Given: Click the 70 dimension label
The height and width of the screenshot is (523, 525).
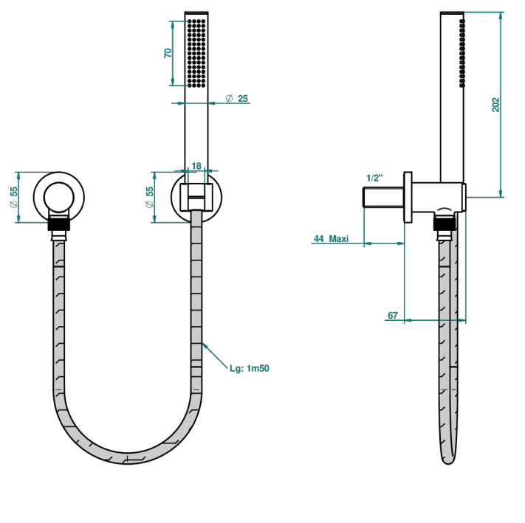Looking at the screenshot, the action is [x=168, y=53].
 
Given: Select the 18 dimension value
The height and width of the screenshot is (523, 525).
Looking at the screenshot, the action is [x=196, y=166].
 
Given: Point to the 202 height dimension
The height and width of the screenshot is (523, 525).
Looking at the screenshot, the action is [x=495, y=105].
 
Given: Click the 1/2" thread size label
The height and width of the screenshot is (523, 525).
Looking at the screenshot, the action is [x=374, y=178].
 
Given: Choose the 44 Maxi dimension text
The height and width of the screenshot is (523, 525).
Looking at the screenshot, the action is [x=331, y=238].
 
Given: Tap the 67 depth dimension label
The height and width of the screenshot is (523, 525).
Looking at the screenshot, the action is [x=393, y=315].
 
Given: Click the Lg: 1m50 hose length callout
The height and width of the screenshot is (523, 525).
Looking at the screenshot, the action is [x=249, y=368].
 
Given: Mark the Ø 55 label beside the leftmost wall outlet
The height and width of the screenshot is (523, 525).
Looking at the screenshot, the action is [x=13, y=197].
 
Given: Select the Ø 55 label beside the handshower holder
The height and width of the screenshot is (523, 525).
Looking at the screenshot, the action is [x=149, y=197].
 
